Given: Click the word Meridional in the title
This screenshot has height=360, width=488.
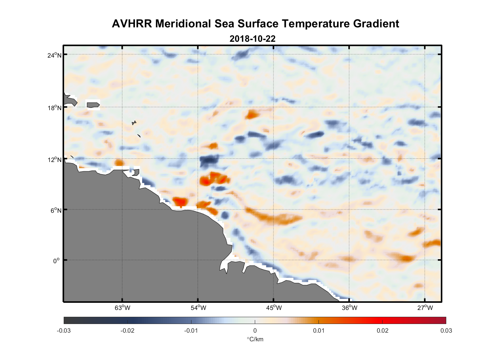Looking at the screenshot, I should [184, 24].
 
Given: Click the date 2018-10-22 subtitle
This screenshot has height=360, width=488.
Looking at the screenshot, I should [252, 39].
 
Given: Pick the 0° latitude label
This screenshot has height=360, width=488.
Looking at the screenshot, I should [57, 261].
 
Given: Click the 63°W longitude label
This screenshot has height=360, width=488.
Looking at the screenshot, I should [122, 308].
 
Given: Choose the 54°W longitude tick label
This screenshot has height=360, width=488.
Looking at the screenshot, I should [198, 308].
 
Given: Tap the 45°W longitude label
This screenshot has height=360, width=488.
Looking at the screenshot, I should [274, 308].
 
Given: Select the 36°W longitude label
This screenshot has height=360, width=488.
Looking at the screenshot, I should [349, 308].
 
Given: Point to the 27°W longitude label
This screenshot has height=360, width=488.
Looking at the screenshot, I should [425, 308].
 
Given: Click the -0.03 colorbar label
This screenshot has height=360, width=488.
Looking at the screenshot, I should [64, 331].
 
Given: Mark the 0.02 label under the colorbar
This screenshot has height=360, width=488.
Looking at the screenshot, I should [383, 331].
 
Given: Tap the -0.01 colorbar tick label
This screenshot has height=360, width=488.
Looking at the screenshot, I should [191, 331].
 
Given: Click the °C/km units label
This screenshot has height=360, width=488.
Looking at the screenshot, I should [255, 339].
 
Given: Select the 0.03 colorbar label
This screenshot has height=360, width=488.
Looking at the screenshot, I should [446, 331].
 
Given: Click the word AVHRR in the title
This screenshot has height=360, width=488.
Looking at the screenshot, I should [132, 24].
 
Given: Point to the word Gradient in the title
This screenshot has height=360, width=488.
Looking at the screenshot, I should [376, 24].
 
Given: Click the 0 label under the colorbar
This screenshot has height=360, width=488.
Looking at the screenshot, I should [255, 331].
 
